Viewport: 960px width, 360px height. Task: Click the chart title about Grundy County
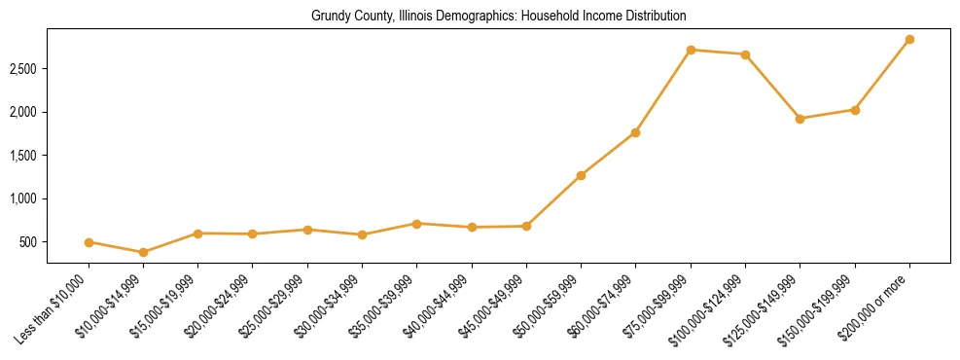499,17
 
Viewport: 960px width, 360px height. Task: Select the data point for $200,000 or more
909,40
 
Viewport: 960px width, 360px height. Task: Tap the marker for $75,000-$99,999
691,50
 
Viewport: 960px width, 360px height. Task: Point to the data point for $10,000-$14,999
144,252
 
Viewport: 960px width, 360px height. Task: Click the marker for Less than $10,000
89,242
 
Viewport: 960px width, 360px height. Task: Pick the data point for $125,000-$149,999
800,119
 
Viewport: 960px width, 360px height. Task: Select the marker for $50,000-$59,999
581,175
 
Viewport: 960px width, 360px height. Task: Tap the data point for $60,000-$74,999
635,132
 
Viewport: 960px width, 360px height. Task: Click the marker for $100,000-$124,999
745,54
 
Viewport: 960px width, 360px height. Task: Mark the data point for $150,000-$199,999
855,110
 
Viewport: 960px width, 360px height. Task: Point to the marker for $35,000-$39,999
416,224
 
